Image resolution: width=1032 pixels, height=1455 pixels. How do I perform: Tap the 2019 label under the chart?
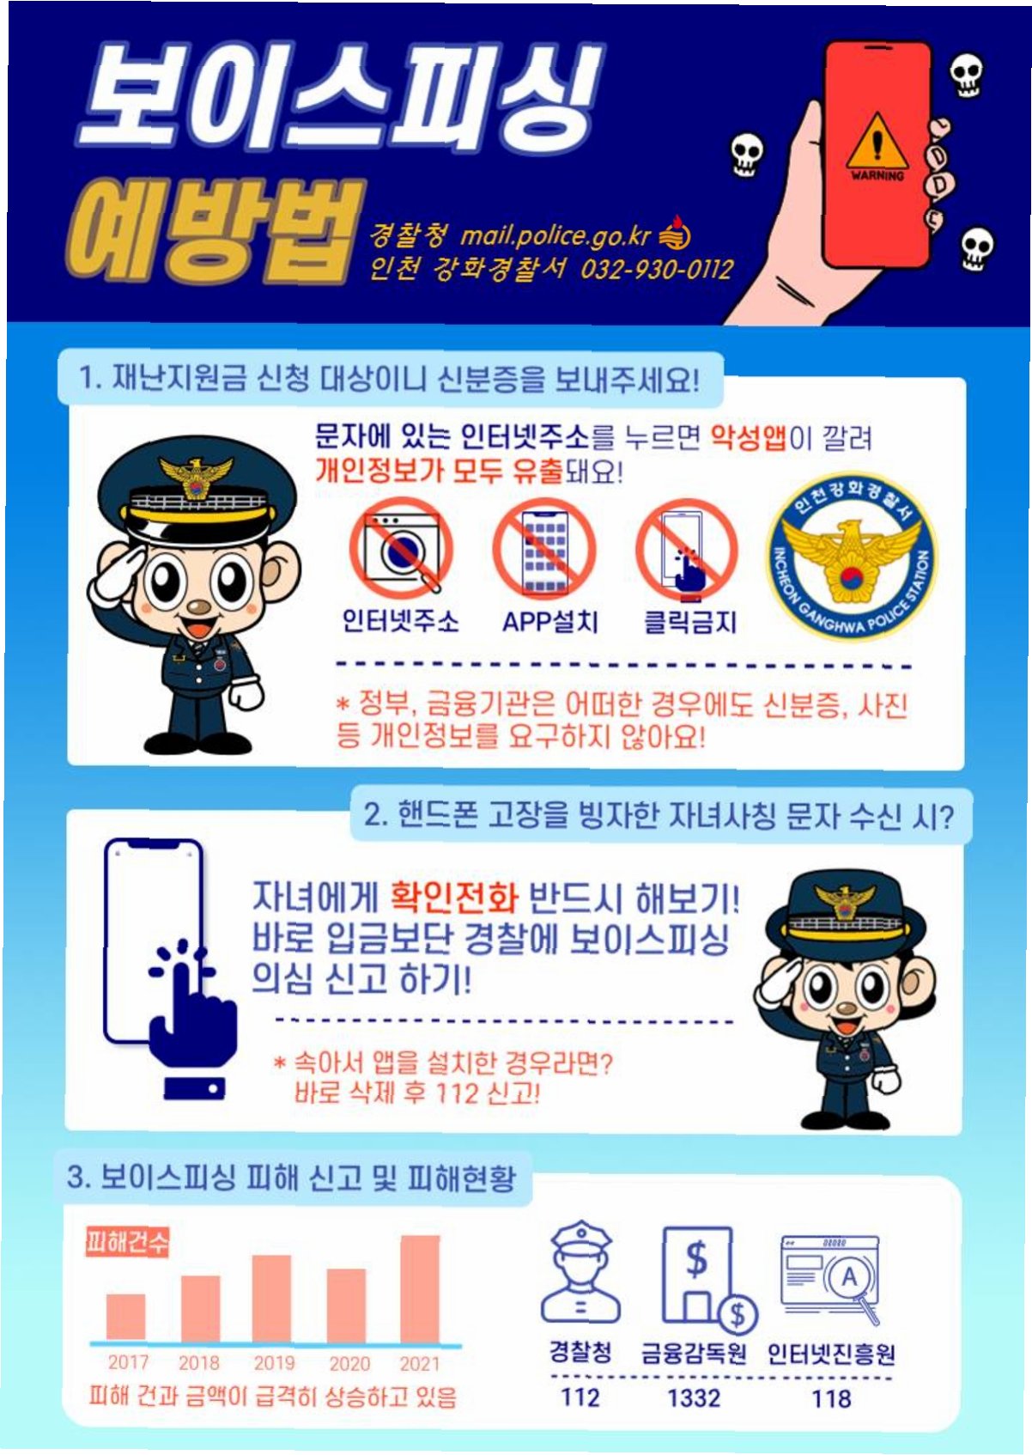(274, 1362)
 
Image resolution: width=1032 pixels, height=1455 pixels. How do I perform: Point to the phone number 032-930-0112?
(656, 268)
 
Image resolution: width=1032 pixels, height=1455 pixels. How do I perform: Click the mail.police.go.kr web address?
(555, 236)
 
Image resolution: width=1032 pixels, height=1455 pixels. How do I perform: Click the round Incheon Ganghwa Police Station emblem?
(852, 556)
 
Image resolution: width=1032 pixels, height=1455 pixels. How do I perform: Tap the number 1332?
(694, 1397)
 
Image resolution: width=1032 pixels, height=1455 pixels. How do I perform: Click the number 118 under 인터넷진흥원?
(831, 1397)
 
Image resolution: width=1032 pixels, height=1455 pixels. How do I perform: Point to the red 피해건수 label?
(127, 1243)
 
